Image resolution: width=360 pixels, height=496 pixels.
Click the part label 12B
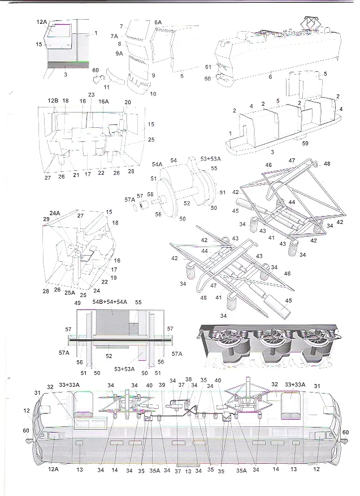[x=53, y=100]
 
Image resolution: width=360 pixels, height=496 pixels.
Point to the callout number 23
[x=91, y=95]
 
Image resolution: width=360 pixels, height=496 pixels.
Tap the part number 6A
[x=158, y=21]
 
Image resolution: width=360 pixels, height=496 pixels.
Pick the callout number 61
[x=208, y=67]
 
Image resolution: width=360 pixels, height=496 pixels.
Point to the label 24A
[x=54, y=213]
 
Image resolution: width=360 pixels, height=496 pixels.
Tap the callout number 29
[x=46, y=218]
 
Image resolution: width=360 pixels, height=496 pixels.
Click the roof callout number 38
[x=188, y=380]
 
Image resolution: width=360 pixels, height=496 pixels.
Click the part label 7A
[x=114, y=35]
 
